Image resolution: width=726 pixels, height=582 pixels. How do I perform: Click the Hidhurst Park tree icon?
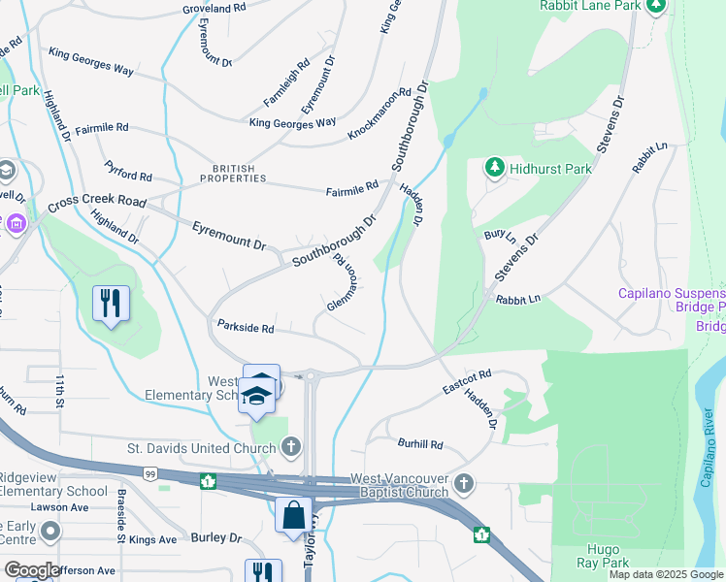coord(495,168)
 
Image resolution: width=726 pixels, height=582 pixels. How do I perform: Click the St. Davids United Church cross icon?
coord(290,447)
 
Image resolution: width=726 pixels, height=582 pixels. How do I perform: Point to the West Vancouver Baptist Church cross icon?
coord(465,482)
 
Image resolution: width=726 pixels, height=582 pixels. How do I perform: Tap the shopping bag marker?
coord(293,514)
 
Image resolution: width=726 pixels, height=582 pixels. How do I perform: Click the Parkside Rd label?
coord(246,328)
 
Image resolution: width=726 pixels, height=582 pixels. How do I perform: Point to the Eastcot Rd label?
coord(468,380)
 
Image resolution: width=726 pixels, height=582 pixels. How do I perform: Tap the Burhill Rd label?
coord(419,444)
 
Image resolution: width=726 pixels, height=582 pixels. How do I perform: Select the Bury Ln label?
coord(499,234)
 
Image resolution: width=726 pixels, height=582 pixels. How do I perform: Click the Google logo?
coord(31,571)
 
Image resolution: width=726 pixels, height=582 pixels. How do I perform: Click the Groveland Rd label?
coord(214,8)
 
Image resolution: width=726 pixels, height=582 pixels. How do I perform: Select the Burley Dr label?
coord(215,537)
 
